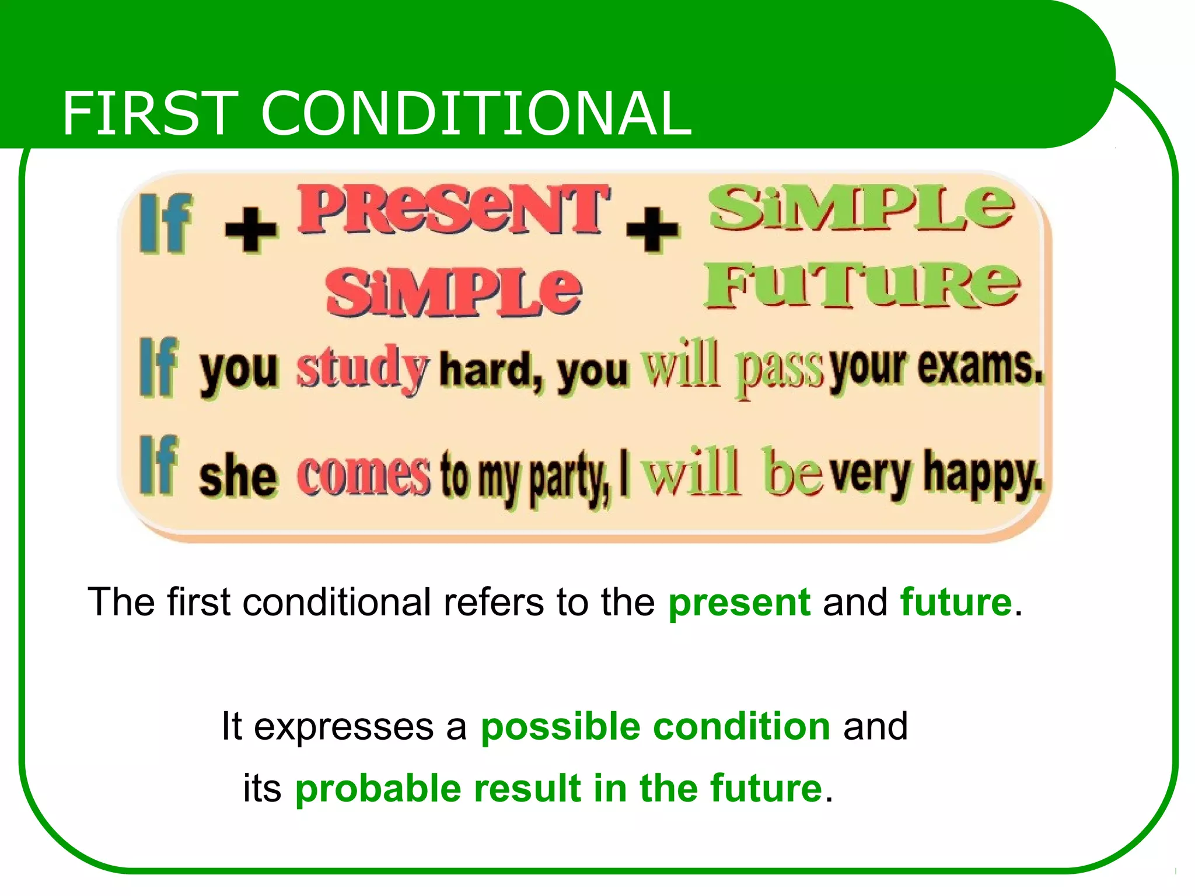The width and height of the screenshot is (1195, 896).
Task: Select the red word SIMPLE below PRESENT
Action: tap(453, 292)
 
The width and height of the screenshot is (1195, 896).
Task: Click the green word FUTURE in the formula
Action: tap(861, 286)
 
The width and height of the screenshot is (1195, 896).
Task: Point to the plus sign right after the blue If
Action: tap(251, 229)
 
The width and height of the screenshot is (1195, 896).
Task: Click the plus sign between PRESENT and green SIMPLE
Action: tap(652, 229)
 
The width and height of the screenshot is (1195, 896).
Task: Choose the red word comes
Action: tap(363, 475)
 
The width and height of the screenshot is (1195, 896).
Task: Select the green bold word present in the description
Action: tap(739, 602)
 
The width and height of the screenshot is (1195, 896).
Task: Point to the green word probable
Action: tap(378, 789)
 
